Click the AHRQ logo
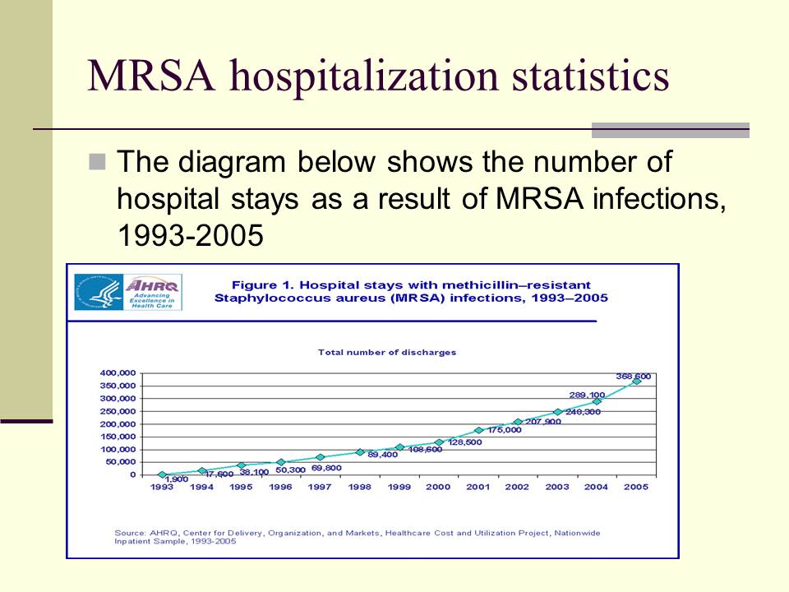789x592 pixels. coord(128,291)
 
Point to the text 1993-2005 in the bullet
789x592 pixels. coord(190,235)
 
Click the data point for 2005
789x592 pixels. coord(636,381)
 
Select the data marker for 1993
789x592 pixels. coord(162,474)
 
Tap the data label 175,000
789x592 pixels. coord(504,430)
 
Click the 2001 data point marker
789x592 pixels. coord(478,430)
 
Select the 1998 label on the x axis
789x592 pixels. coord(359,488)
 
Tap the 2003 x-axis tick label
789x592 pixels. coord(557,488)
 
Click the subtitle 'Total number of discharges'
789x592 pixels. coord(386,352)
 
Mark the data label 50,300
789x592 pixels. coord(292,469)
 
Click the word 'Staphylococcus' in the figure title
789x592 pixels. coord(260,298)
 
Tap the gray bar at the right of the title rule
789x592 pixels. coord(671,130)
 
